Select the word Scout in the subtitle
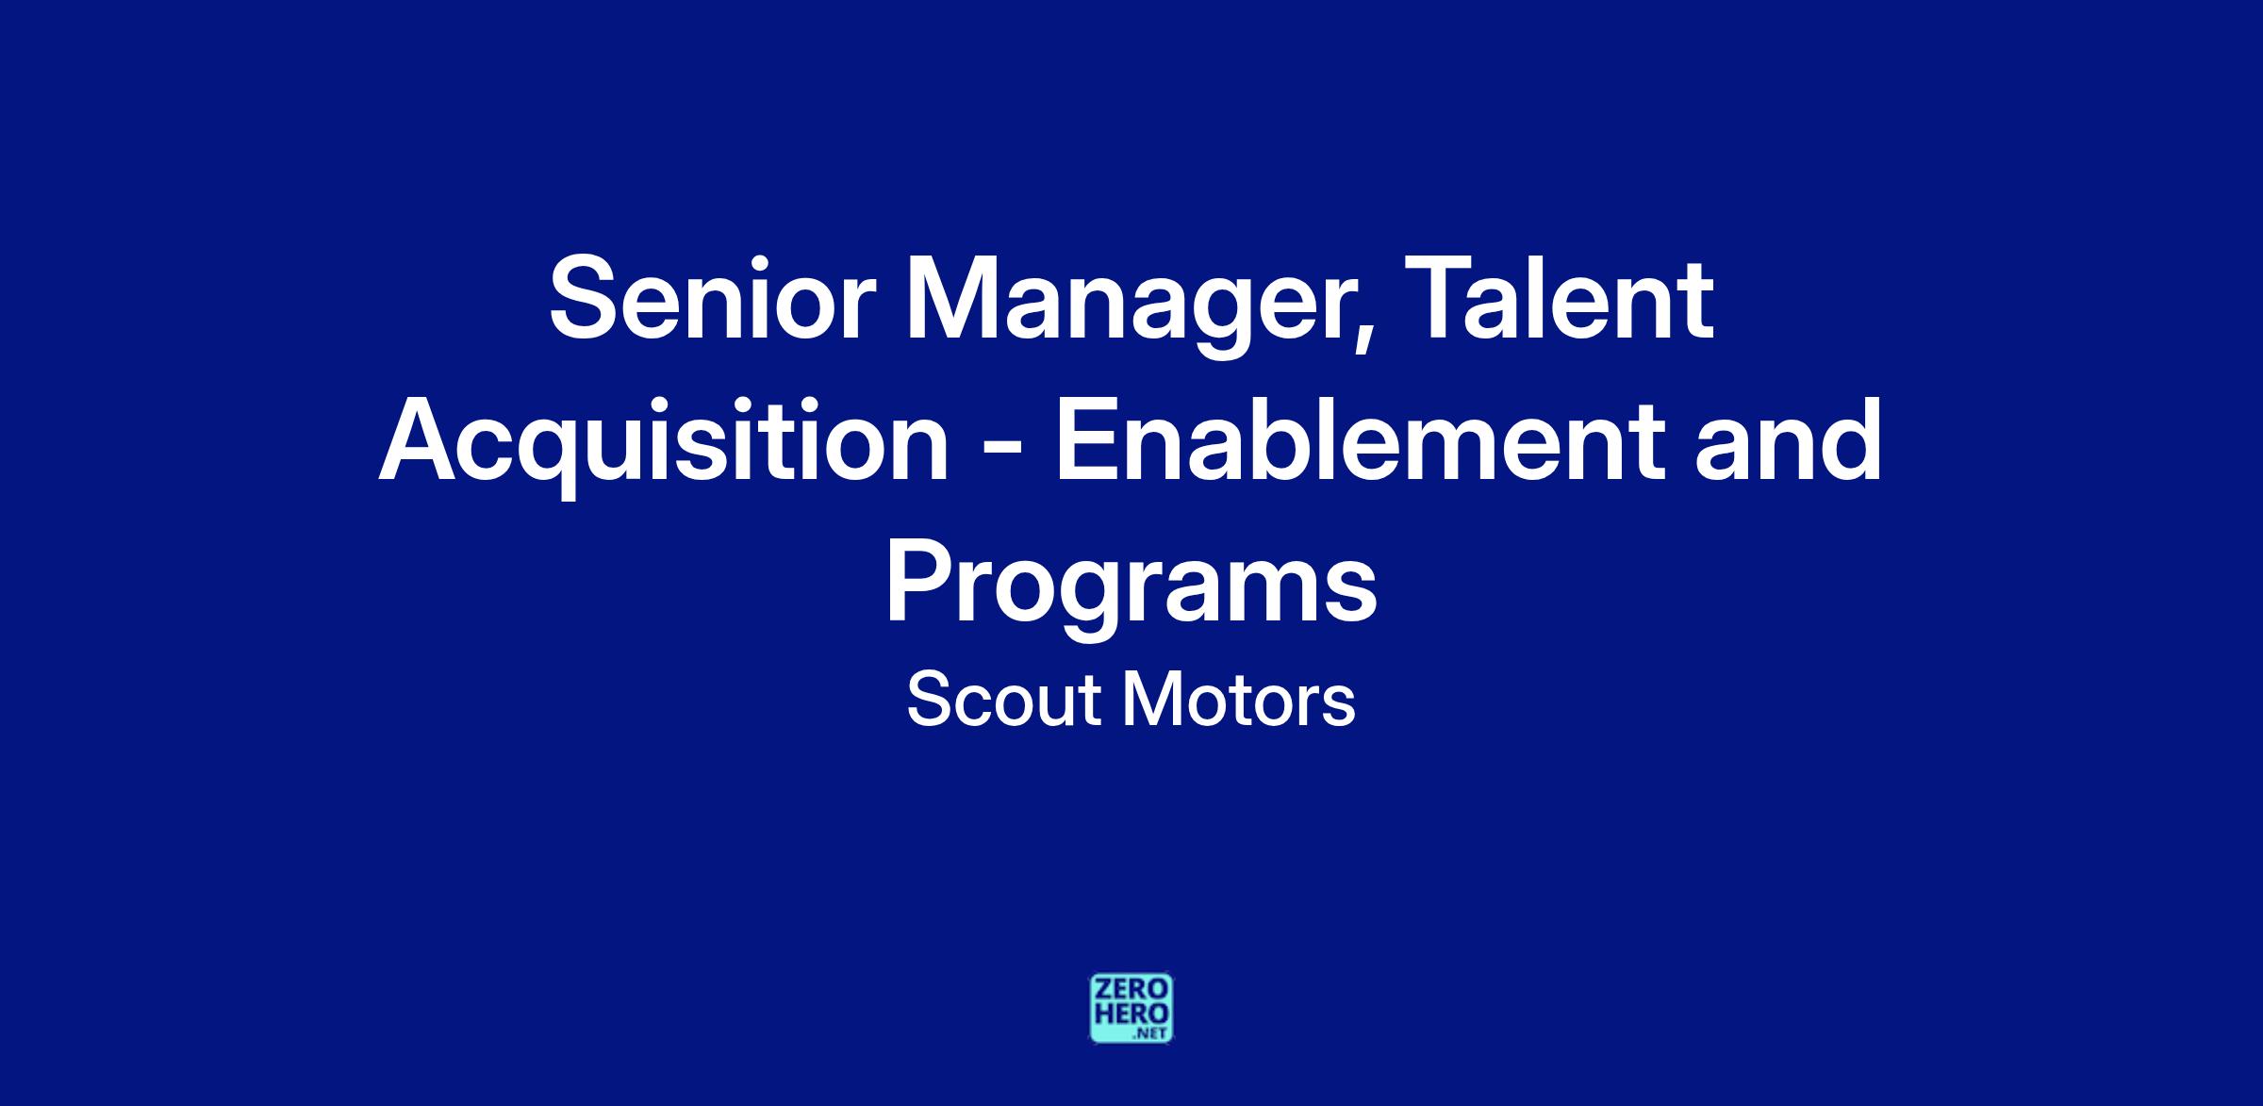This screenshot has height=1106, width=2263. tap(1003, 701)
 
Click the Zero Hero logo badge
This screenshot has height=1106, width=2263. tap(1131, 1009)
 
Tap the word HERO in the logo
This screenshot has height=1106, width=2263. tap(1131, 1014)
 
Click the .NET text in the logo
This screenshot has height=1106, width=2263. tap(1152, 1033)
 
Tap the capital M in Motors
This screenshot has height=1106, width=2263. tap(1150, 701)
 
